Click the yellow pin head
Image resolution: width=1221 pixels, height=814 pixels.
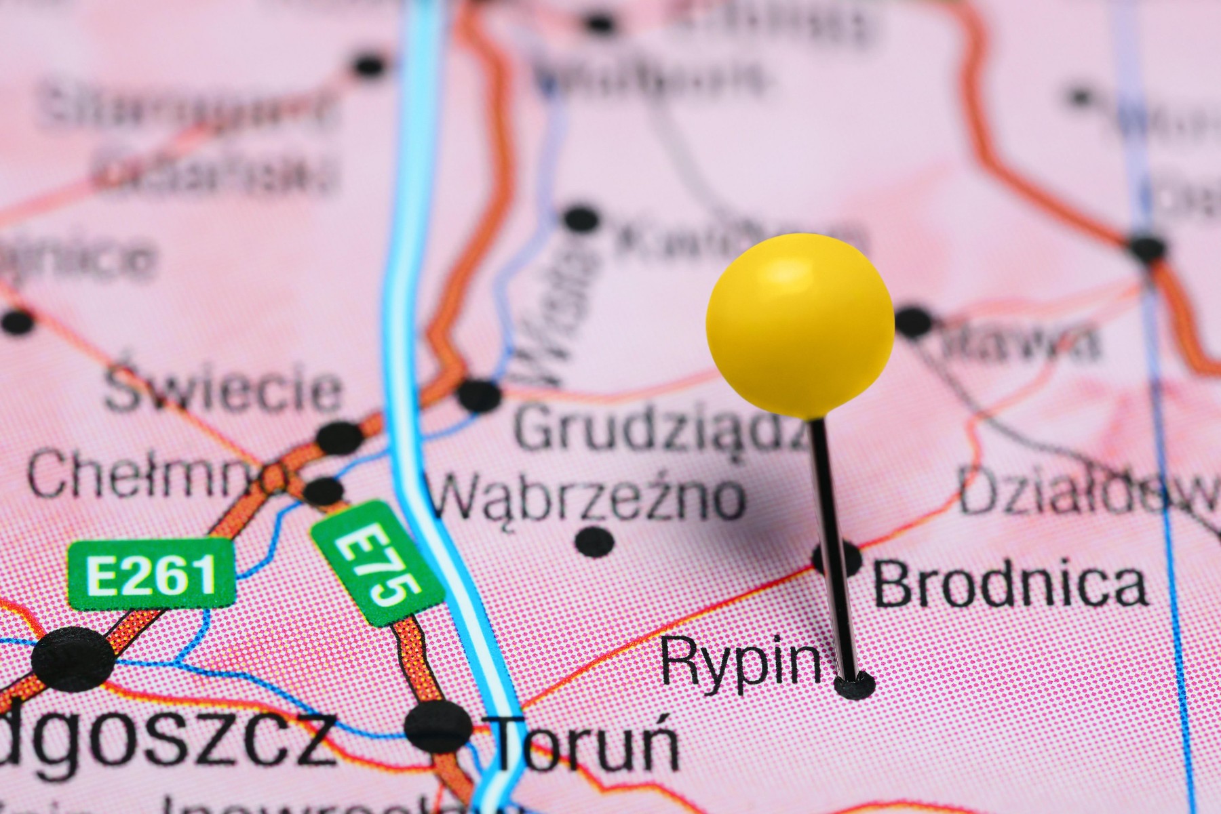pyautogui.click(x=800, y=325)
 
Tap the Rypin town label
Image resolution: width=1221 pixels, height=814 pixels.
pyautogui.click(x=740, y=661)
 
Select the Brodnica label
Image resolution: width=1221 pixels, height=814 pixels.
pyautogui.click(x=1009, y=585)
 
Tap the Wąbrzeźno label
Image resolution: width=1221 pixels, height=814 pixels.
pyautogui.click(x=587, y=499)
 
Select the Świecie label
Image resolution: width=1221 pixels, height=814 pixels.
pyautogui.click(x=224, y=390)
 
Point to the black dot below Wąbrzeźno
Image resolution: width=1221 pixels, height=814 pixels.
pyautogui.click(x=594, y=542)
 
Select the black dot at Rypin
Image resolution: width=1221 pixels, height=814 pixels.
pyautogui.click(x=854, y=686)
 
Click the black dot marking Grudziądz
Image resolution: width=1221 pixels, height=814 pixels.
pyautogui.click(x=479, y=395)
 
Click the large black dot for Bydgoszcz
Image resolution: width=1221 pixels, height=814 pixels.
pyautogui.click(x=73, y=658)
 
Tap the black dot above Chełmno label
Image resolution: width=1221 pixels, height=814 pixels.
pyautogui.click(x=340, y=437)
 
